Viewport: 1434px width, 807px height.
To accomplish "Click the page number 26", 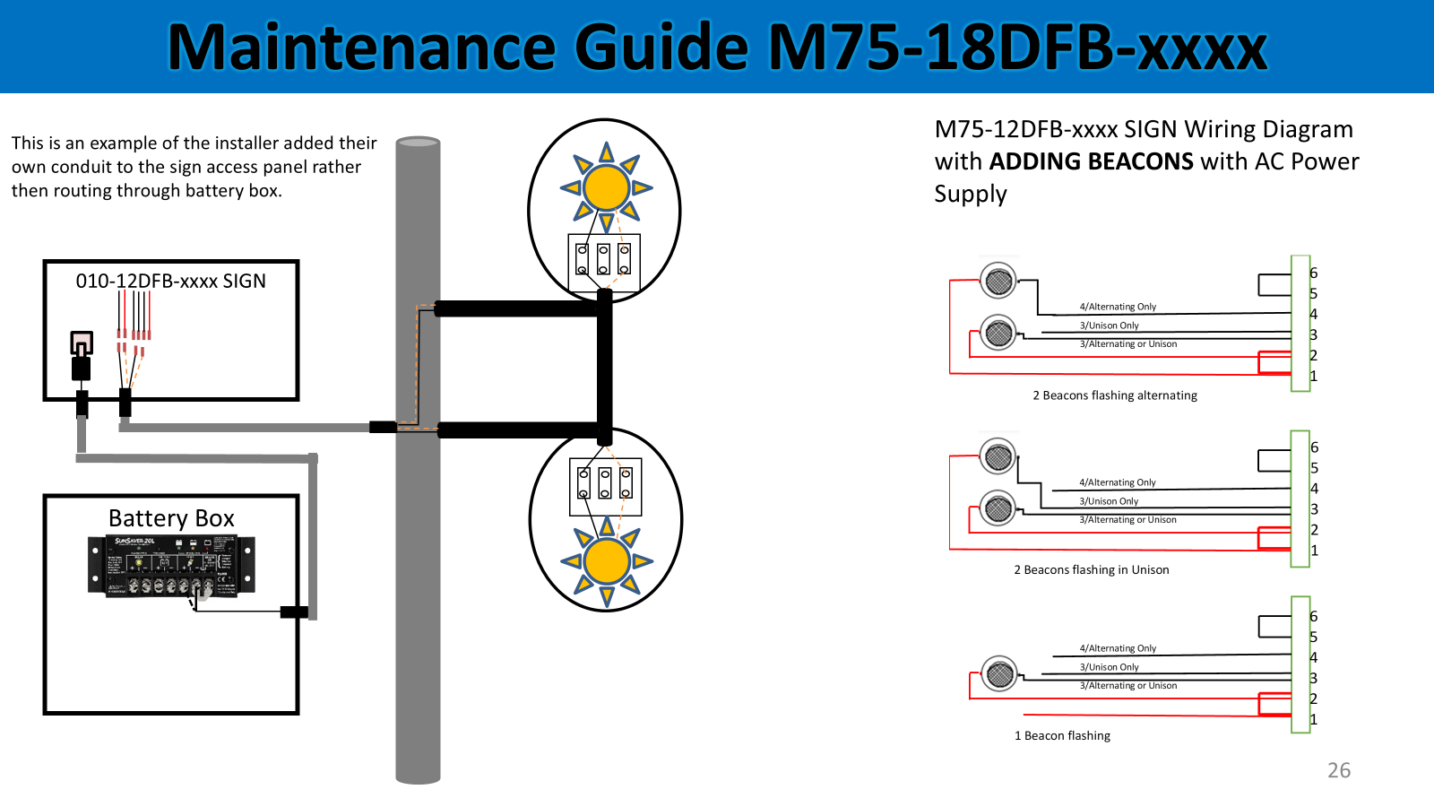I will pyautogui.click(x=1338, y=770).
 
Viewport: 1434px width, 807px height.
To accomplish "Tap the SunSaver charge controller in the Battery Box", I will pyautogui.click(x=171, y=566).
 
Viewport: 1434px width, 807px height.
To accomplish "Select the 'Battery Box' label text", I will pyautogui.click(x=171, y=518).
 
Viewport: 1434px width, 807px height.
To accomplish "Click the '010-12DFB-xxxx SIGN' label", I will pyautogui.click(x=170, y=281).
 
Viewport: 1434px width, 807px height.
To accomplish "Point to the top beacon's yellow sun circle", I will pyautogui.click(x=606, y=187).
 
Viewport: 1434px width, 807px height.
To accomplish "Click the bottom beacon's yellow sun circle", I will pyautogui.click(x=607, y=561).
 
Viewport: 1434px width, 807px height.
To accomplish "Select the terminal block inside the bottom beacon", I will pyautogui.click(x=605, y=486).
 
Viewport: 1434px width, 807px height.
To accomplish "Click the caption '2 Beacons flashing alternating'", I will pyautogui.click(x=1114, y=395).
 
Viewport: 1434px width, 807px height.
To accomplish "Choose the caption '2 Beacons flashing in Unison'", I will pyautogui.click(x=1091, y=570).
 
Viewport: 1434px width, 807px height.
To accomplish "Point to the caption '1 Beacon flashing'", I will pyautogui.click(x=1062, y=736).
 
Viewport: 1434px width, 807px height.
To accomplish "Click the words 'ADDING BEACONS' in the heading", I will pyautogui.click(x=1091, y=161).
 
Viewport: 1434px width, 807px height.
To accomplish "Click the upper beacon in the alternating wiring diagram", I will pyautogui.click(x=998, y=282).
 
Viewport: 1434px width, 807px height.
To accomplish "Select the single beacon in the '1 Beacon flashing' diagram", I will pyautogui.click(x=999, y=673).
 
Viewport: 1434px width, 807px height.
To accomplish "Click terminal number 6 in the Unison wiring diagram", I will pyautogui.click(x=1314, y=447).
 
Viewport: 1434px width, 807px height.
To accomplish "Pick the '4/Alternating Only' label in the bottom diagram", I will pyautogui.click(x=1118, y=648).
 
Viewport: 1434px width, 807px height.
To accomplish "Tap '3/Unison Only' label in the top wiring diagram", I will pyautogui.click(x=1109, y=325).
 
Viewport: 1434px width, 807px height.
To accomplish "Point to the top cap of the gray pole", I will pyautogui.click(x=418, y=142).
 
